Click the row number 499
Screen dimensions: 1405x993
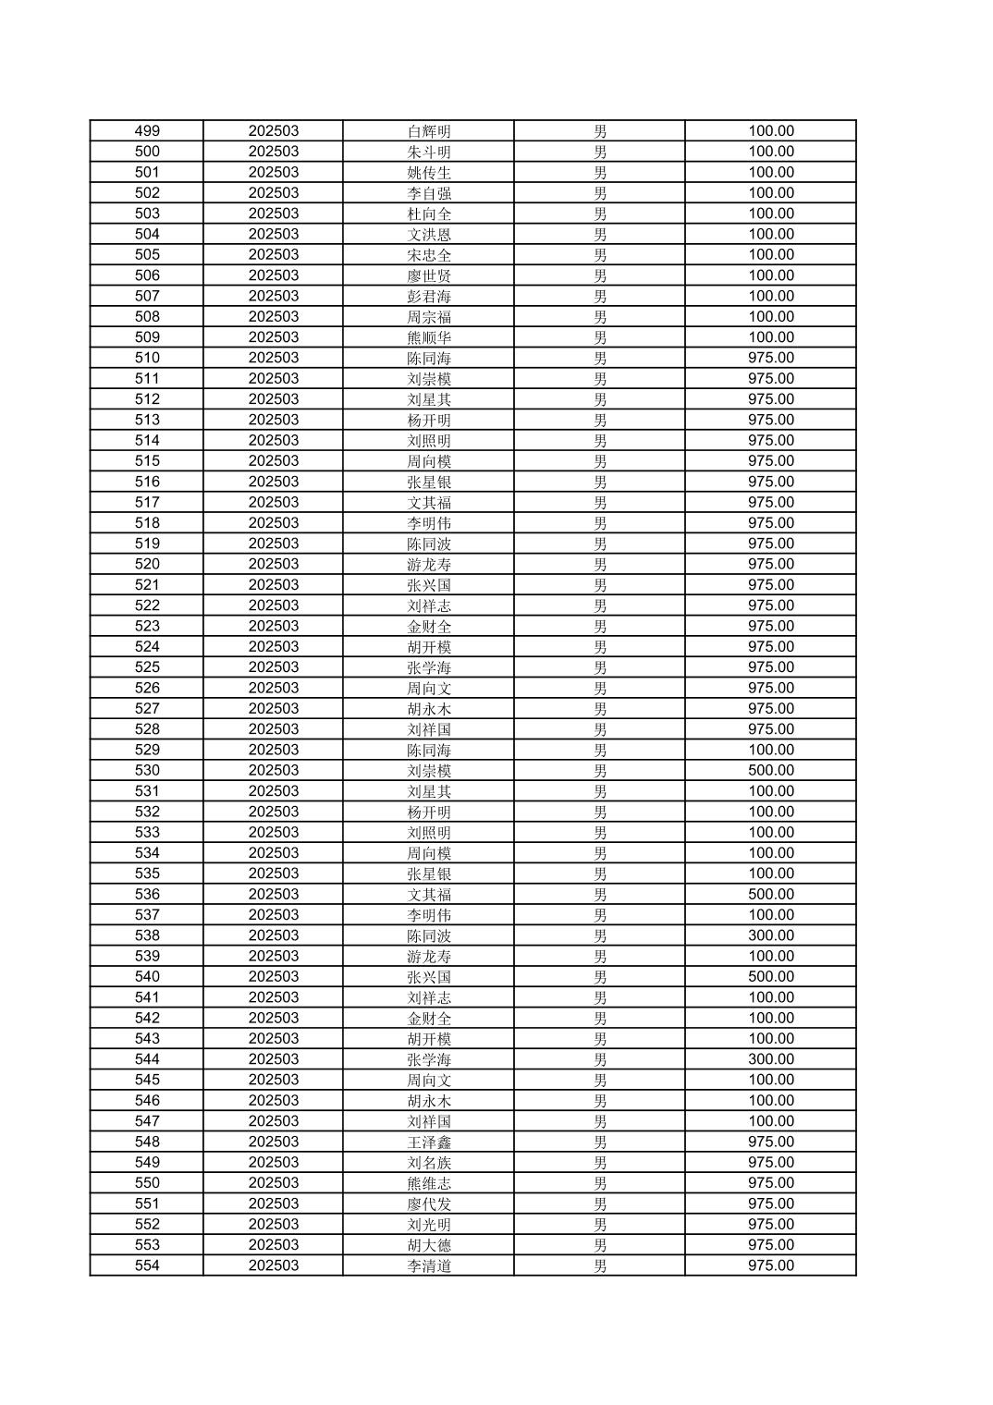pos(147,131)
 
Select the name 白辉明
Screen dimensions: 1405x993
pos(429,131)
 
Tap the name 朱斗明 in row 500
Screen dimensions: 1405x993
pos(429,152)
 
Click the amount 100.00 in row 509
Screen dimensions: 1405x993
pos(771,337)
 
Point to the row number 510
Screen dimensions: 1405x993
pos(147,358)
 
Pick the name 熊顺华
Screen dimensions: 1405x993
pos(429,337)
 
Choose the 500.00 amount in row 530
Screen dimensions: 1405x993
pos(771,770)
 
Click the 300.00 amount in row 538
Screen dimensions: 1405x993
pos(771,935)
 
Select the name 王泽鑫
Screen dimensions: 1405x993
pos(429,1142)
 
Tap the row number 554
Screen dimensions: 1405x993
pos(147,1265)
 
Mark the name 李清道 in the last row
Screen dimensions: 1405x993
pos(429,1265)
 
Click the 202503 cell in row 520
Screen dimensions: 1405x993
pos(274,564)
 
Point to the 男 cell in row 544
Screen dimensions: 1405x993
pos(600,1059)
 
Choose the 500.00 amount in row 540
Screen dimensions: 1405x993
pos(771,976)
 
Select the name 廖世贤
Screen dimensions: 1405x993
pos(429,275)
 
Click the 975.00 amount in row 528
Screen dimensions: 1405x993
pos(771,729)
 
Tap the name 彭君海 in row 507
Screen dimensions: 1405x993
pos(429,296)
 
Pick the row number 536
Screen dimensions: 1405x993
pos(147,894)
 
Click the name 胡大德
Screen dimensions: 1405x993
pos(429,1245)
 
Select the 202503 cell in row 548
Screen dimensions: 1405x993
pos(274,1142)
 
